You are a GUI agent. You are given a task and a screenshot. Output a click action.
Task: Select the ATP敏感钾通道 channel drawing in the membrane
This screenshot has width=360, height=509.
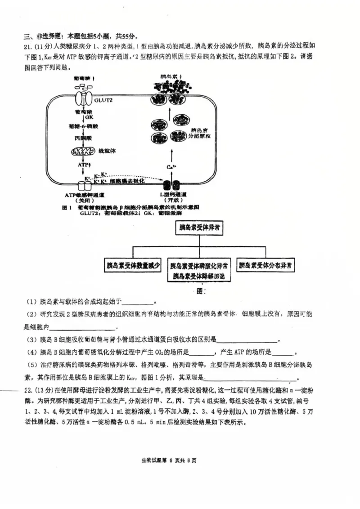[x=84, y=184]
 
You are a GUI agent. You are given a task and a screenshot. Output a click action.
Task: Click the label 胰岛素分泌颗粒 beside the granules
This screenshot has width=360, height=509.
[x=196, y=132]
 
